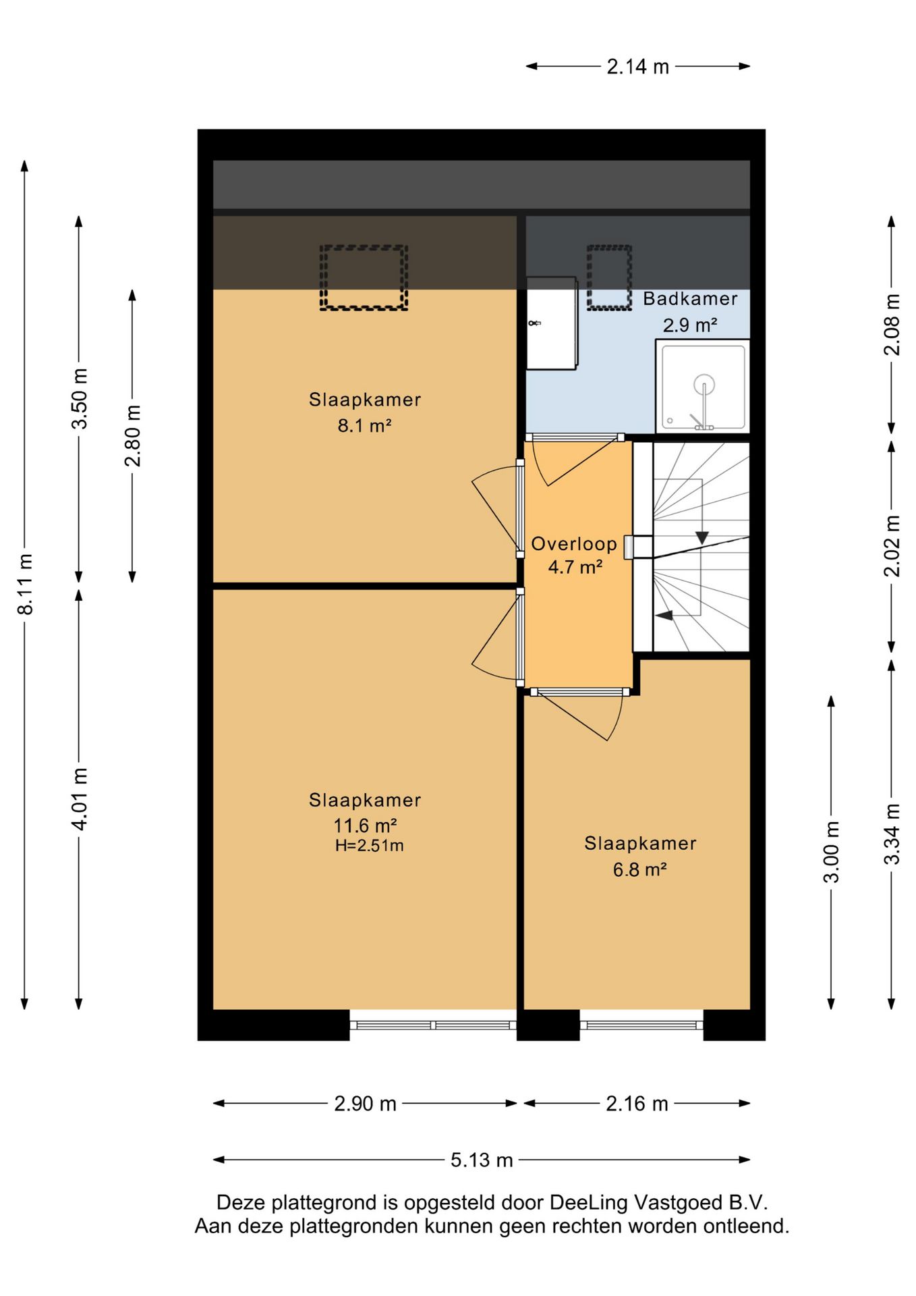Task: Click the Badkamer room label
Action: pos(689,298)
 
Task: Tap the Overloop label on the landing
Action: pos(574,544)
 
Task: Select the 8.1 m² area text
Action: pos(364,426)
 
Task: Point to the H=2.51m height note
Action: pos(369,846)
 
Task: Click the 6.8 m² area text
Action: pos(639,869)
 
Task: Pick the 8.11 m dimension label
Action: pos(25,585)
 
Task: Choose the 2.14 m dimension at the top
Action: pos(637,67)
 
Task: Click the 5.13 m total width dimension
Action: pos(482,1160)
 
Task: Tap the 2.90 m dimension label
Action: pos(365,1104)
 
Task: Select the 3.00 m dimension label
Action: pos(832,852)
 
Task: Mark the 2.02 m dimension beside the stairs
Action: pos(892,545)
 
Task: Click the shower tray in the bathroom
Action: pos(702,386)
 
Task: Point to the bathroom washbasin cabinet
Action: pos(552,323)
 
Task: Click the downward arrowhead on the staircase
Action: pos(702,538)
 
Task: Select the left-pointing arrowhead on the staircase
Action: pos(664,615)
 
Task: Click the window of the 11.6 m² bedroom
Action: pos(433,1025)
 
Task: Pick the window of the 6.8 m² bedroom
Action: pos(641,1025)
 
